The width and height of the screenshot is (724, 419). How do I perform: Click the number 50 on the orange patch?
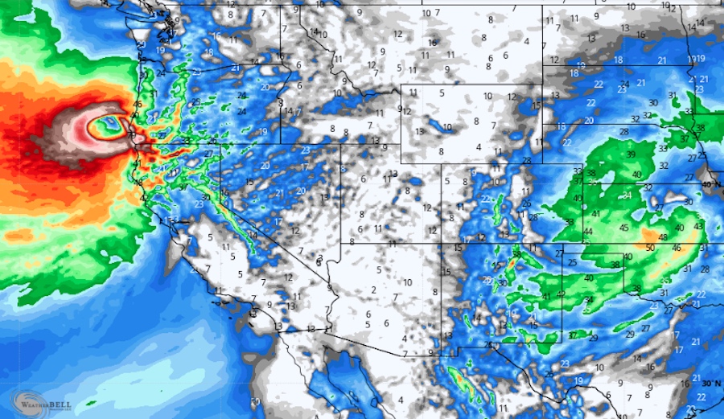tap(650, 247)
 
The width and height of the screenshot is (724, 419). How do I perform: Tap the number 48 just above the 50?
tap(662, 237)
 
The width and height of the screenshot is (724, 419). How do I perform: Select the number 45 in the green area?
tap(623, 228)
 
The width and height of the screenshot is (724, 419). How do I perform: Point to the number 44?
tap(588, 232)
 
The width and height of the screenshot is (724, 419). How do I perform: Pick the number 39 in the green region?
tap(631, 154)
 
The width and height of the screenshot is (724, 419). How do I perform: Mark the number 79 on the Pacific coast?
tap(132, 134)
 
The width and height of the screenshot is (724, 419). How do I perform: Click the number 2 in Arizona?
tap(374, 290)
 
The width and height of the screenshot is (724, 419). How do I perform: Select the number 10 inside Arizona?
tap(408, 281)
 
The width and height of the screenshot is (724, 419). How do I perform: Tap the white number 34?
tap(627, 195)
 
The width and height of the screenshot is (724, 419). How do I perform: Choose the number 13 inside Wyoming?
tap(419, 131)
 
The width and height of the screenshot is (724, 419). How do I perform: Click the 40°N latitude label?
tap(710, 184)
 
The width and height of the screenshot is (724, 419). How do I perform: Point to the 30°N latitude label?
tap(711, 384)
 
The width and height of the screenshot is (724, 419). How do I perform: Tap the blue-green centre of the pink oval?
tap(108, 126)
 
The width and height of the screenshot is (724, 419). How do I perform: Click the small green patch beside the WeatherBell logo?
tap(90, 401)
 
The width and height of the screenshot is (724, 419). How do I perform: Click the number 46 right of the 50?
tap(677, 248)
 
